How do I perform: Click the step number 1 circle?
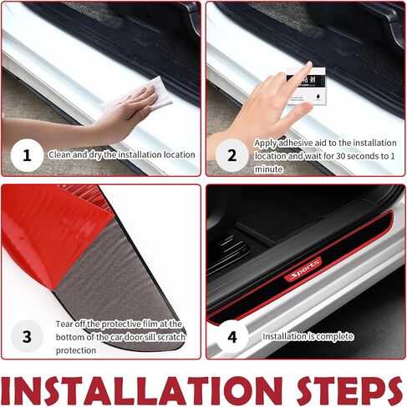point(27,155)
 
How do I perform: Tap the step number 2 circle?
point(232,155)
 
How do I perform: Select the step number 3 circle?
point(27,336)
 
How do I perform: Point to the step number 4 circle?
point(232,336)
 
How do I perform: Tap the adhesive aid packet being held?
point(307,86)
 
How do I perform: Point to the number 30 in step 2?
point(341,156)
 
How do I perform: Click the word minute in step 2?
point(268,169)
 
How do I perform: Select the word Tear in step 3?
point(64,324)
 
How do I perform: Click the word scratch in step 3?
point(171,337)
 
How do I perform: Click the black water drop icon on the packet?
point(318,96)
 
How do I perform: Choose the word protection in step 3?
point(76,350)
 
